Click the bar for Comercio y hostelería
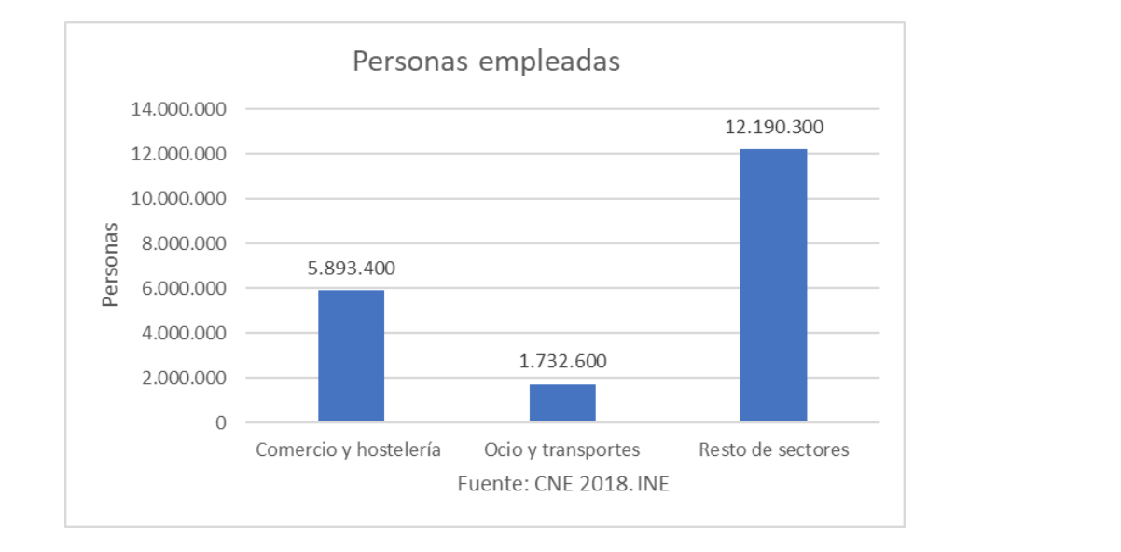click(351, 356)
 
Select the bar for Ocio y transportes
click(562, 403)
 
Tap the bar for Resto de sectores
click(773, 285)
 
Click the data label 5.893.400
click(351, 269)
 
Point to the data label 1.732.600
click(562, 362)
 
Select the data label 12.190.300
click(774, 128)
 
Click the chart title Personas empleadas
click(486, 62)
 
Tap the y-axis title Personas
click(111, 265)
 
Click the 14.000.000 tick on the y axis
click(179, 109)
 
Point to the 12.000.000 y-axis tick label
click(179, 154)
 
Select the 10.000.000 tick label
click(179, 199)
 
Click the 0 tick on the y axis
click(221, 422)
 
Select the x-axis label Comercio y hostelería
click(348, 450)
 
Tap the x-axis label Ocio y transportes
click(561, 450)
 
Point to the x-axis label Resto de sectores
click(774, 450)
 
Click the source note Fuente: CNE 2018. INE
click(562, 485)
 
